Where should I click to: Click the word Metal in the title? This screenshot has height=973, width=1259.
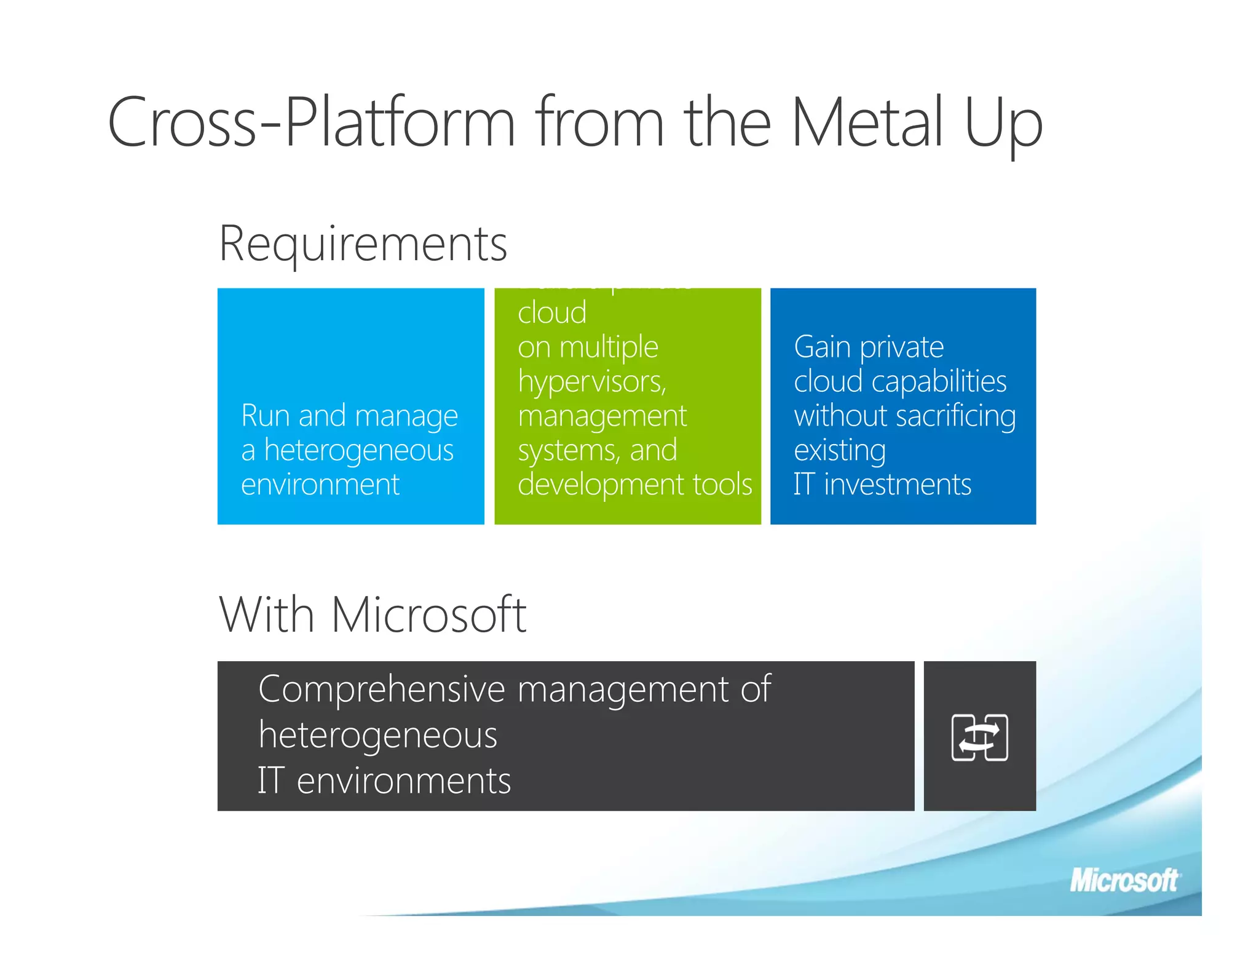coord(867,123)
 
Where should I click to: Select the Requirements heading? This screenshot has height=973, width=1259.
coord(363,244)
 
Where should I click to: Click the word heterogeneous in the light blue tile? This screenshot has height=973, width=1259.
coord(359,450)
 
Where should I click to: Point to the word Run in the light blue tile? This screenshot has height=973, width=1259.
coord(264,416)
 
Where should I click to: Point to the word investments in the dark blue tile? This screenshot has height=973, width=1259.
coord(898,485)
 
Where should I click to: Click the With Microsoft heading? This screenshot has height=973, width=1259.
coord(373,614)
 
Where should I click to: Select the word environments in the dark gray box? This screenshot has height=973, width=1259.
coord(403,781)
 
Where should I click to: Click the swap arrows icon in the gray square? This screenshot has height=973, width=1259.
coord(979,737)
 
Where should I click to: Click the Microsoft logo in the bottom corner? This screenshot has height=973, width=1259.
coord(1124,881)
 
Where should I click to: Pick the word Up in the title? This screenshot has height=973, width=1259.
coord(1003,123)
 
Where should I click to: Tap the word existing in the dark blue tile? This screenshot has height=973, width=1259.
coord(840,451)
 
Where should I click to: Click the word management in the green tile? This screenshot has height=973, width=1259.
coord(602,416)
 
